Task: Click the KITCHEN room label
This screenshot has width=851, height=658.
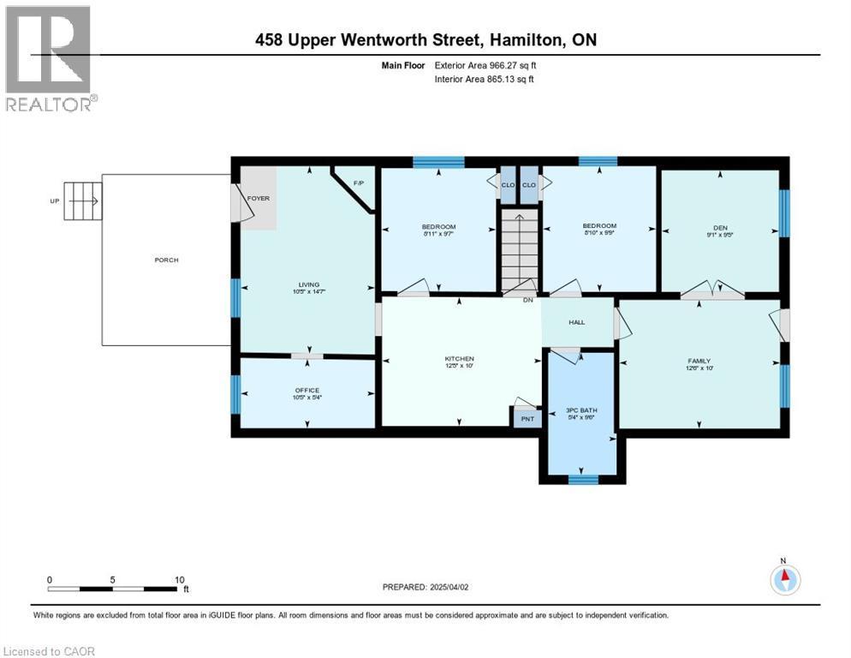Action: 459,359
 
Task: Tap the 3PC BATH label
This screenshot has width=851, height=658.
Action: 581,410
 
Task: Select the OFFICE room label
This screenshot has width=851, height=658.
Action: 306,391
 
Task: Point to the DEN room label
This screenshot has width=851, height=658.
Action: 720,228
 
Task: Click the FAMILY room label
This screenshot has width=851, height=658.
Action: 699,361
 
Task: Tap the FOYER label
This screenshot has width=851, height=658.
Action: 259,198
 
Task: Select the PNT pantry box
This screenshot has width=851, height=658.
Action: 527,418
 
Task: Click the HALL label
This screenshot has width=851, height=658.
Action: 576,322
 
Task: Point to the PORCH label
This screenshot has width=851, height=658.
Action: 167,260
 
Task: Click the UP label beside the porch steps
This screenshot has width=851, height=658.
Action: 56,201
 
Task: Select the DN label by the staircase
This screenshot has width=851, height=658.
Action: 528,300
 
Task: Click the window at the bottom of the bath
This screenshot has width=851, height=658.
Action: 582,479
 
